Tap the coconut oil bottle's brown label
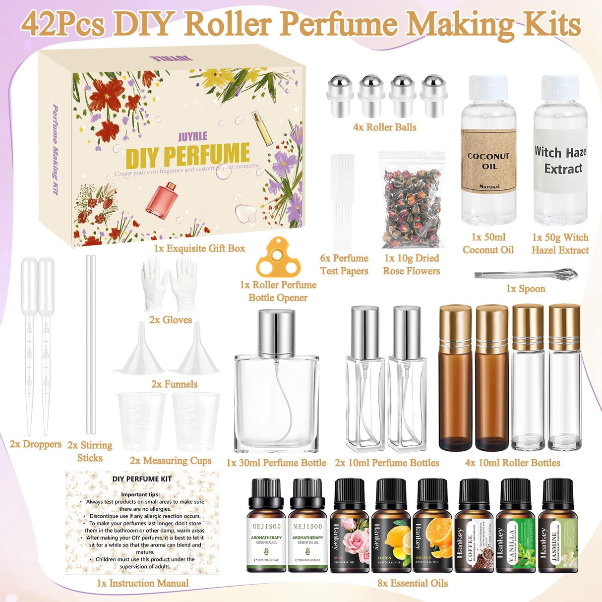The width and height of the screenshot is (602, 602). (488, 161)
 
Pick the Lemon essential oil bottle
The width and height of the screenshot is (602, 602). (391, 528)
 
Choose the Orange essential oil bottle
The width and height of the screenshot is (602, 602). (432, 528)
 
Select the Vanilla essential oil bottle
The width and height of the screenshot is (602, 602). (515, 528)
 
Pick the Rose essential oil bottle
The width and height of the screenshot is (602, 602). (350, 528)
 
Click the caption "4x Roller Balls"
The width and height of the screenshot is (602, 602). (384, 127)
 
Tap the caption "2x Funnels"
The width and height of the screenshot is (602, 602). (174, 384)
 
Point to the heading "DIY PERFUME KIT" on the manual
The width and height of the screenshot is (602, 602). (142, 479)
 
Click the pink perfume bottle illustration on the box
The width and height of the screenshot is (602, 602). (162, 198)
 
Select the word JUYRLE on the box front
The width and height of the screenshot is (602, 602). (192, 136)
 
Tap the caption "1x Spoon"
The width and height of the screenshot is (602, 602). (526, 289)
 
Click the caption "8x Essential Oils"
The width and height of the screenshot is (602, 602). (413, 584)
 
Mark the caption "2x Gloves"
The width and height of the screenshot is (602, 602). (171, 320)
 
